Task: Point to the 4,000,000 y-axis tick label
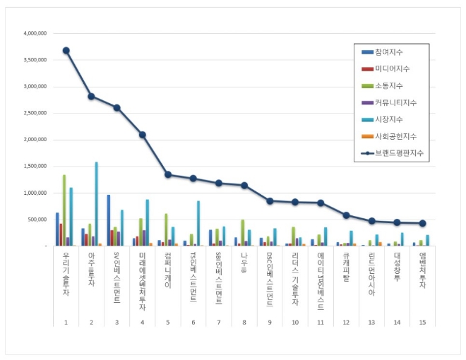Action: (x=35, y=33)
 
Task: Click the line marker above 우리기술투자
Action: (x=66, y=50)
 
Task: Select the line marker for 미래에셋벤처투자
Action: (x=142, y=134)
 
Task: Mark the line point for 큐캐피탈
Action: (x=346, y=215)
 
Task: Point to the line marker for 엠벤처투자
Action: (x=422, y=223)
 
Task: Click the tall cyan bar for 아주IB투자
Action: (x=96, y=204)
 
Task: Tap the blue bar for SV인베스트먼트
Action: (x=109, y=220)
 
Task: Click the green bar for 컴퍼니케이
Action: (x=166, y=229)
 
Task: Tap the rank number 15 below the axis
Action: (x=422, y=322)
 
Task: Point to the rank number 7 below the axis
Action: (x=218, y=322)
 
